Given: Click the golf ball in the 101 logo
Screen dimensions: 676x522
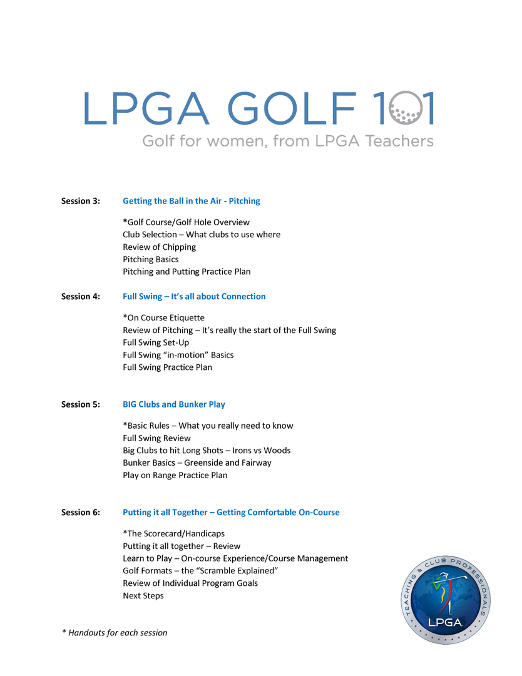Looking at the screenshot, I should coord(405,108).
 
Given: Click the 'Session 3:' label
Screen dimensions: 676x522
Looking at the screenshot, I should coord(81,201).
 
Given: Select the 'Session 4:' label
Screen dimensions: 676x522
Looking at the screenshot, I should coord(81,297).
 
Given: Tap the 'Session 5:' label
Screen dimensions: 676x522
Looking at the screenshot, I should coord(81,404).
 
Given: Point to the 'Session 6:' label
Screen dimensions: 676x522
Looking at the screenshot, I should coord(81,513).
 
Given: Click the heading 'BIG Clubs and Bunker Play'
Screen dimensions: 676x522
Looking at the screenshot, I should coord(174,404).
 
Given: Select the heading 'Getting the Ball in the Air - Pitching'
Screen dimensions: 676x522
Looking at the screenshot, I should coord(192,201).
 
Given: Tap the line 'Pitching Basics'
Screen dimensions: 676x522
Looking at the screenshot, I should coord(151,259).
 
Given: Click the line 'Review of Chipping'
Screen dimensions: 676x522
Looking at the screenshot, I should coord(160,247).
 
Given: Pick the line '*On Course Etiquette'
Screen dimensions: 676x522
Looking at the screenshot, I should coord(164,318).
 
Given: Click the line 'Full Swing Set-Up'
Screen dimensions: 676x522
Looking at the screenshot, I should coord(156,342).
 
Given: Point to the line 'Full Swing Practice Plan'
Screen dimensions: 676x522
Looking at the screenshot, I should coord(168,367).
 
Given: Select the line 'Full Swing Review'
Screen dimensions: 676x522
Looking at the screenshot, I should coord(157,438).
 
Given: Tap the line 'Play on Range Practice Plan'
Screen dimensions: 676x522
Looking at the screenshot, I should coord(175,475).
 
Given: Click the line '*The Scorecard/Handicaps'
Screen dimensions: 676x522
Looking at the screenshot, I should coord(174,534).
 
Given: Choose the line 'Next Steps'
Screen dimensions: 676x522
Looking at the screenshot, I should coord(143,596).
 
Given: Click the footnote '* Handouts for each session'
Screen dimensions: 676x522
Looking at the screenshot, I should coord(115,633).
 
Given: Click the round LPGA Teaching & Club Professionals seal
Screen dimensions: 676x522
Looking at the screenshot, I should coord(446,599).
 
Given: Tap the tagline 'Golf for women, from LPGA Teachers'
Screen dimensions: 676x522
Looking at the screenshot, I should coord(288,141).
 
